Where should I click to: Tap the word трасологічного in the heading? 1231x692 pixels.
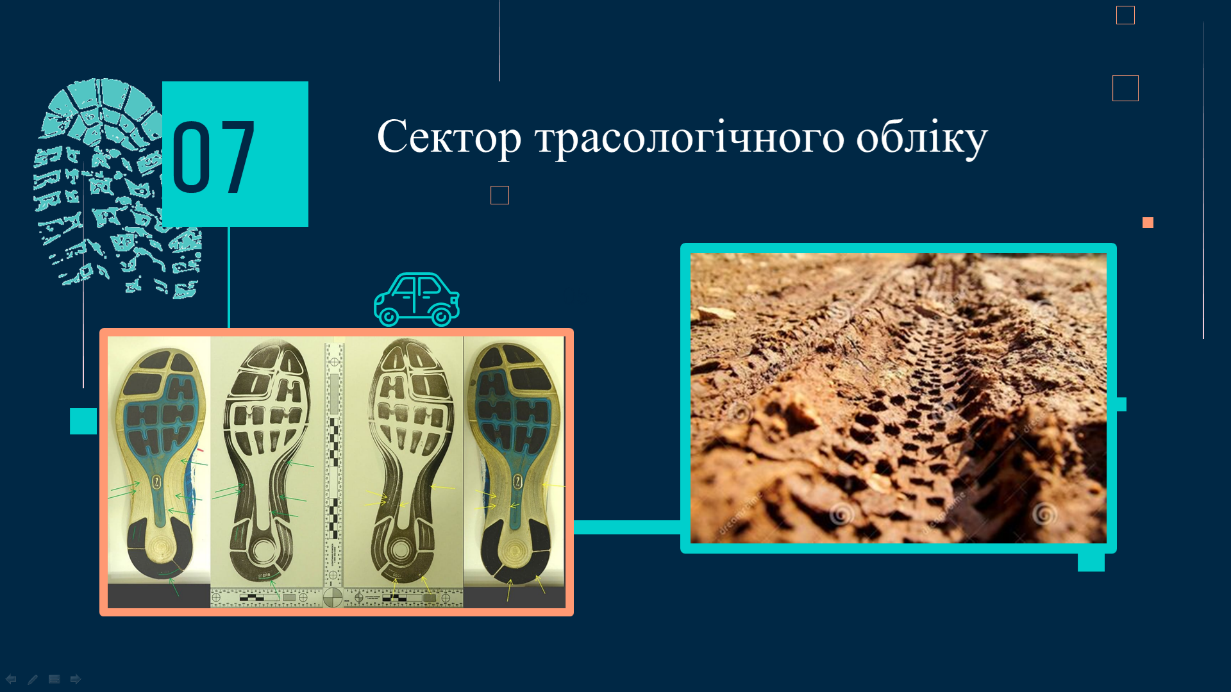click(x=690, y=137)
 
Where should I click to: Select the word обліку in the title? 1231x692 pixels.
click(x=922, y=137)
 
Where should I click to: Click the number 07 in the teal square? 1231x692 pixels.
click(x=214, y=158)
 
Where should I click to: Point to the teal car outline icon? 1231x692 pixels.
click(x=417, y=299)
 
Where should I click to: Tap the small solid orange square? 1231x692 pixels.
click(x=1148, y=222)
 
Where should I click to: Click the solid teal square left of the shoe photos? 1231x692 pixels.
click(x=83, y=421)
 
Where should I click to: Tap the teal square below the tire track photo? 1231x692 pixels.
click(x=1091, y=563)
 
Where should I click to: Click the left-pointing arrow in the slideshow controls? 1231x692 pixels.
click(x=11, y=679)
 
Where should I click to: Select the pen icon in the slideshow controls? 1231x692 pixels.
click(x=33, y=679)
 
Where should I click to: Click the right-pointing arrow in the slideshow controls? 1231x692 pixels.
click(x=76, y=679)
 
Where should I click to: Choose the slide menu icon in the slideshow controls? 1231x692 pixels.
click(x=54, y=679)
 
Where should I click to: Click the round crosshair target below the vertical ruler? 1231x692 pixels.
click(x=333, y=597)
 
